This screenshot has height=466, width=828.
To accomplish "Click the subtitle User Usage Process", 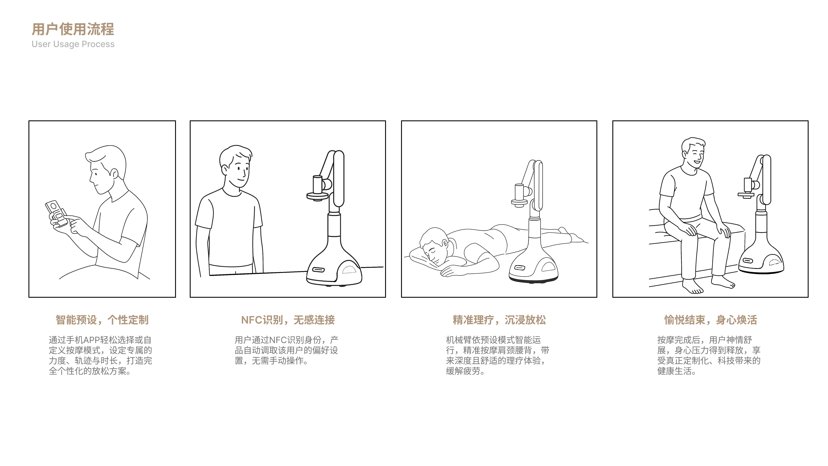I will click(73, 44).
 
